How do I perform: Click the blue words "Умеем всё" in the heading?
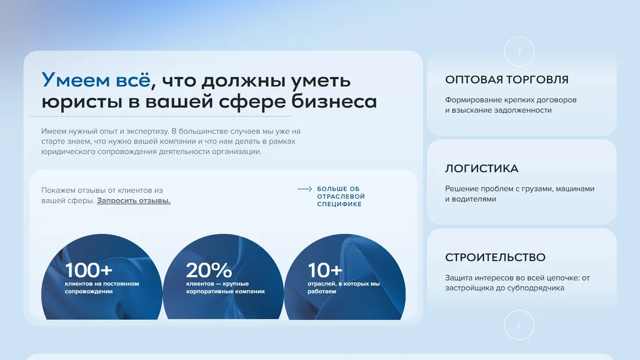tap(95, 80)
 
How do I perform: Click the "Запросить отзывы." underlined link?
tap(134, 201)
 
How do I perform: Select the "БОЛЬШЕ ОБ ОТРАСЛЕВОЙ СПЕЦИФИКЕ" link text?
tap(341, 197)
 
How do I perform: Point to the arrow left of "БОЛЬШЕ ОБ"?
tap(305, 189)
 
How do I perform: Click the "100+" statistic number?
tap(89, 270)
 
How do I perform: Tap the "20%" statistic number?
tap(209, 270)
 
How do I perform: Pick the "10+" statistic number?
tap(325, 270)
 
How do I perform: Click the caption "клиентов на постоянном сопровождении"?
tap(102, 287)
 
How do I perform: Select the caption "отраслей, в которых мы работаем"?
tap(343, 287)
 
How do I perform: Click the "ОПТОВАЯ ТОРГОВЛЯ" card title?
tap(507, 80)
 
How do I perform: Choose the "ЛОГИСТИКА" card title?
tap(482, 169)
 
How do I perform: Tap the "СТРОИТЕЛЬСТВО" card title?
tap(495, 257)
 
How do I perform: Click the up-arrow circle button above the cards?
tap(519, 51)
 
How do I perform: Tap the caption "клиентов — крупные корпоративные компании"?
tap(225, 287)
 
